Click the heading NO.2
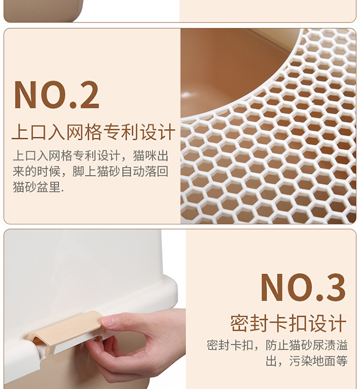coord(57,95)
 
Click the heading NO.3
coord(302,288)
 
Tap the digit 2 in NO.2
coord(85,95)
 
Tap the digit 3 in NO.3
coord(332,288)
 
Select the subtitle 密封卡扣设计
coord(288,323)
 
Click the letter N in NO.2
coord(26,95)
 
